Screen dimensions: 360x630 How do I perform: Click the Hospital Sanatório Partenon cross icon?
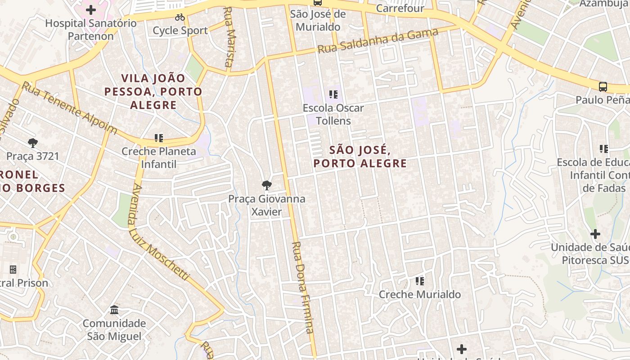point(91,9)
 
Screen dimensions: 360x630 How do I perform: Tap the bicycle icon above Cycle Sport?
point(180,17)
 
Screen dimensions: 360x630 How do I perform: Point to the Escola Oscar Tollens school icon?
point(333,94)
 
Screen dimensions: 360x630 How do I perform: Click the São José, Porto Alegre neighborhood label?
point(360,156)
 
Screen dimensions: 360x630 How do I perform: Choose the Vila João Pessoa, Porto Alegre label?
point(153,92)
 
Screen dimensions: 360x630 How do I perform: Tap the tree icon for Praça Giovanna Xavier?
point(266,185)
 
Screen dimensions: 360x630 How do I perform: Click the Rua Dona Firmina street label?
point(302,288)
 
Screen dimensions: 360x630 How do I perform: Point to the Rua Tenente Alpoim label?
point(70,108)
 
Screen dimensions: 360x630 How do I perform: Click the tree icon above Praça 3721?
point(32,143)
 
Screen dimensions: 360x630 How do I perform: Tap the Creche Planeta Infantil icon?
point(158,138)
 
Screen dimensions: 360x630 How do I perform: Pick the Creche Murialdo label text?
point(419,294)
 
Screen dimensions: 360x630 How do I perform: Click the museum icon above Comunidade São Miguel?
point(114,310)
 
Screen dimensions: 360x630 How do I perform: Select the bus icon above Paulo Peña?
point(603,86)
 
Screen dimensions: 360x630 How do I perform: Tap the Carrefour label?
point(400,8)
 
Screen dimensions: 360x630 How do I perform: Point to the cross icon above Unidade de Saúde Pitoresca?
point(595,234)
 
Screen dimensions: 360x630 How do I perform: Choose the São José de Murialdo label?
point(318,20)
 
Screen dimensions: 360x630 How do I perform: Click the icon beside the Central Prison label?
point(13,269)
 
